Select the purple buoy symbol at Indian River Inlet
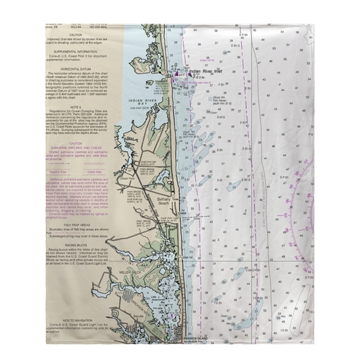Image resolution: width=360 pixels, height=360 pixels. (x=178, y=75)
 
